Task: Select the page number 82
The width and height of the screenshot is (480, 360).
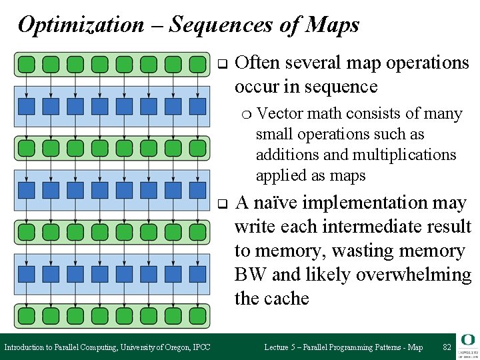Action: (x=447, y=347)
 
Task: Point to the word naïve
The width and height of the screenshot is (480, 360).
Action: (x=287, y=203)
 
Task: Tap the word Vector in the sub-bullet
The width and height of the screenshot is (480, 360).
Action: (x=278, y=114)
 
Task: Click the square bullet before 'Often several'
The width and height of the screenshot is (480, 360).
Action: (x=223, y=64)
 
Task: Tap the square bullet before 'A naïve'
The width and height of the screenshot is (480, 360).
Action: (x=223, y=203)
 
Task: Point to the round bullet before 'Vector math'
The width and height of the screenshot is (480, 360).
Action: (x=247, y=115)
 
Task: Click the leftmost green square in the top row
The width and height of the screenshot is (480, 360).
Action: (x=26, y=65)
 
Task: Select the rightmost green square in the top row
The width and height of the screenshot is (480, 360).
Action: (x=197, y=65)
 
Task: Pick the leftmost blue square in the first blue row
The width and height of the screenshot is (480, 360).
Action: (x=26, y=106)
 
